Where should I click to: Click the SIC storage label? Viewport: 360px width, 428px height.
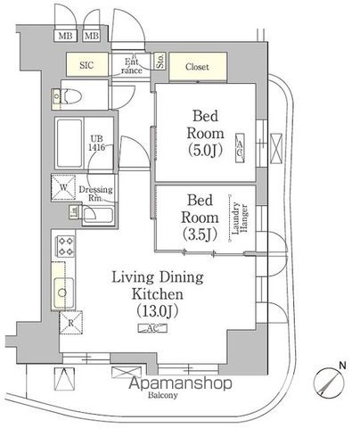87,65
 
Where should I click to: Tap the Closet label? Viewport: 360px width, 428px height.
196,66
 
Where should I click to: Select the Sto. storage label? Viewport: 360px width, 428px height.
160,62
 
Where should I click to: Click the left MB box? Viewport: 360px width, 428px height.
65,37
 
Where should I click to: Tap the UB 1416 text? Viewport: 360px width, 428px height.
96,142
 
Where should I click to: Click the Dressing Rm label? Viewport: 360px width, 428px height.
94,193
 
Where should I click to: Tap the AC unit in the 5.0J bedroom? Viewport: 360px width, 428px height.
239,148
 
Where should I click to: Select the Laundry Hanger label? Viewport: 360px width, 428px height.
238,218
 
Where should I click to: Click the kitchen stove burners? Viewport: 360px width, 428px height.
65,244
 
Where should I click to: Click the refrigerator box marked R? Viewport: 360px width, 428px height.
70,323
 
